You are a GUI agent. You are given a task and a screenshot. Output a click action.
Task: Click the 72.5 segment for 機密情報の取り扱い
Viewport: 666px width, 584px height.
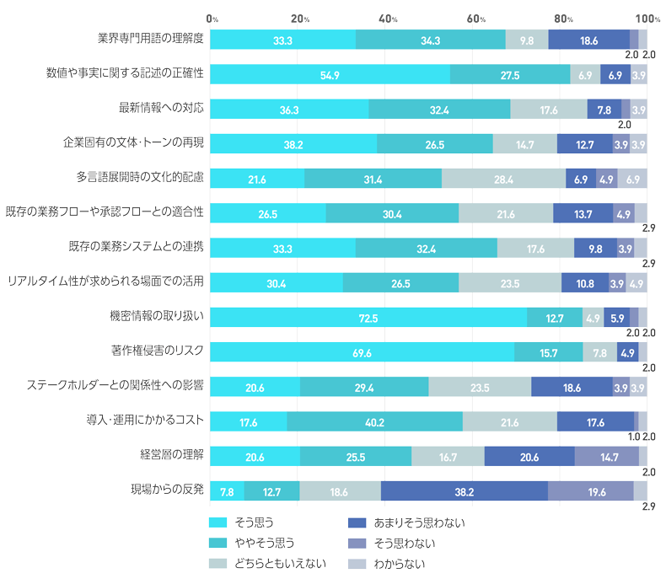point(368,317)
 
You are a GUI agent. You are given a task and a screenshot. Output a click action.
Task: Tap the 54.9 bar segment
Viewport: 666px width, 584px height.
point(330,74)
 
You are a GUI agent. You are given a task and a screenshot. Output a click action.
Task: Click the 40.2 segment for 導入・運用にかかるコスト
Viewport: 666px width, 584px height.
point(375,421)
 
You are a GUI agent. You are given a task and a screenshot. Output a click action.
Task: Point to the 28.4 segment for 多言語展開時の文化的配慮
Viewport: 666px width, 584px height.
point(504,179)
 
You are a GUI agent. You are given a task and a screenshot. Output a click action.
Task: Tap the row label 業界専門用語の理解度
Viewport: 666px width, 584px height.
point(151,40)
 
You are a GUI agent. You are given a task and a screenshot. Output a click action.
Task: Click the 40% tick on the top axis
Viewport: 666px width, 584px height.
point(388,19)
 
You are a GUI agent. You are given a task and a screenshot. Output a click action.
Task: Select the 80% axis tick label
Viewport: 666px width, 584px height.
point(564,19)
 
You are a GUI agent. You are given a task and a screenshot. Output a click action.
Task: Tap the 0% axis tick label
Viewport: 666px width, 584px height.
point(212,19)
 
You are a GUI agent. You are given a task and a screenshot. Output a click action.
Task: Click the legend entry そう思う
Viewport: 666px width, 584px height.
point(256,522)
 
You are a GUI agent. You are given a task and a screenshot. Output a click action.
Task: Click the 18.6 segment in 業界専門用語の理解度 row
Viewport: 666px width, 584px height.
point(589,40)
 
